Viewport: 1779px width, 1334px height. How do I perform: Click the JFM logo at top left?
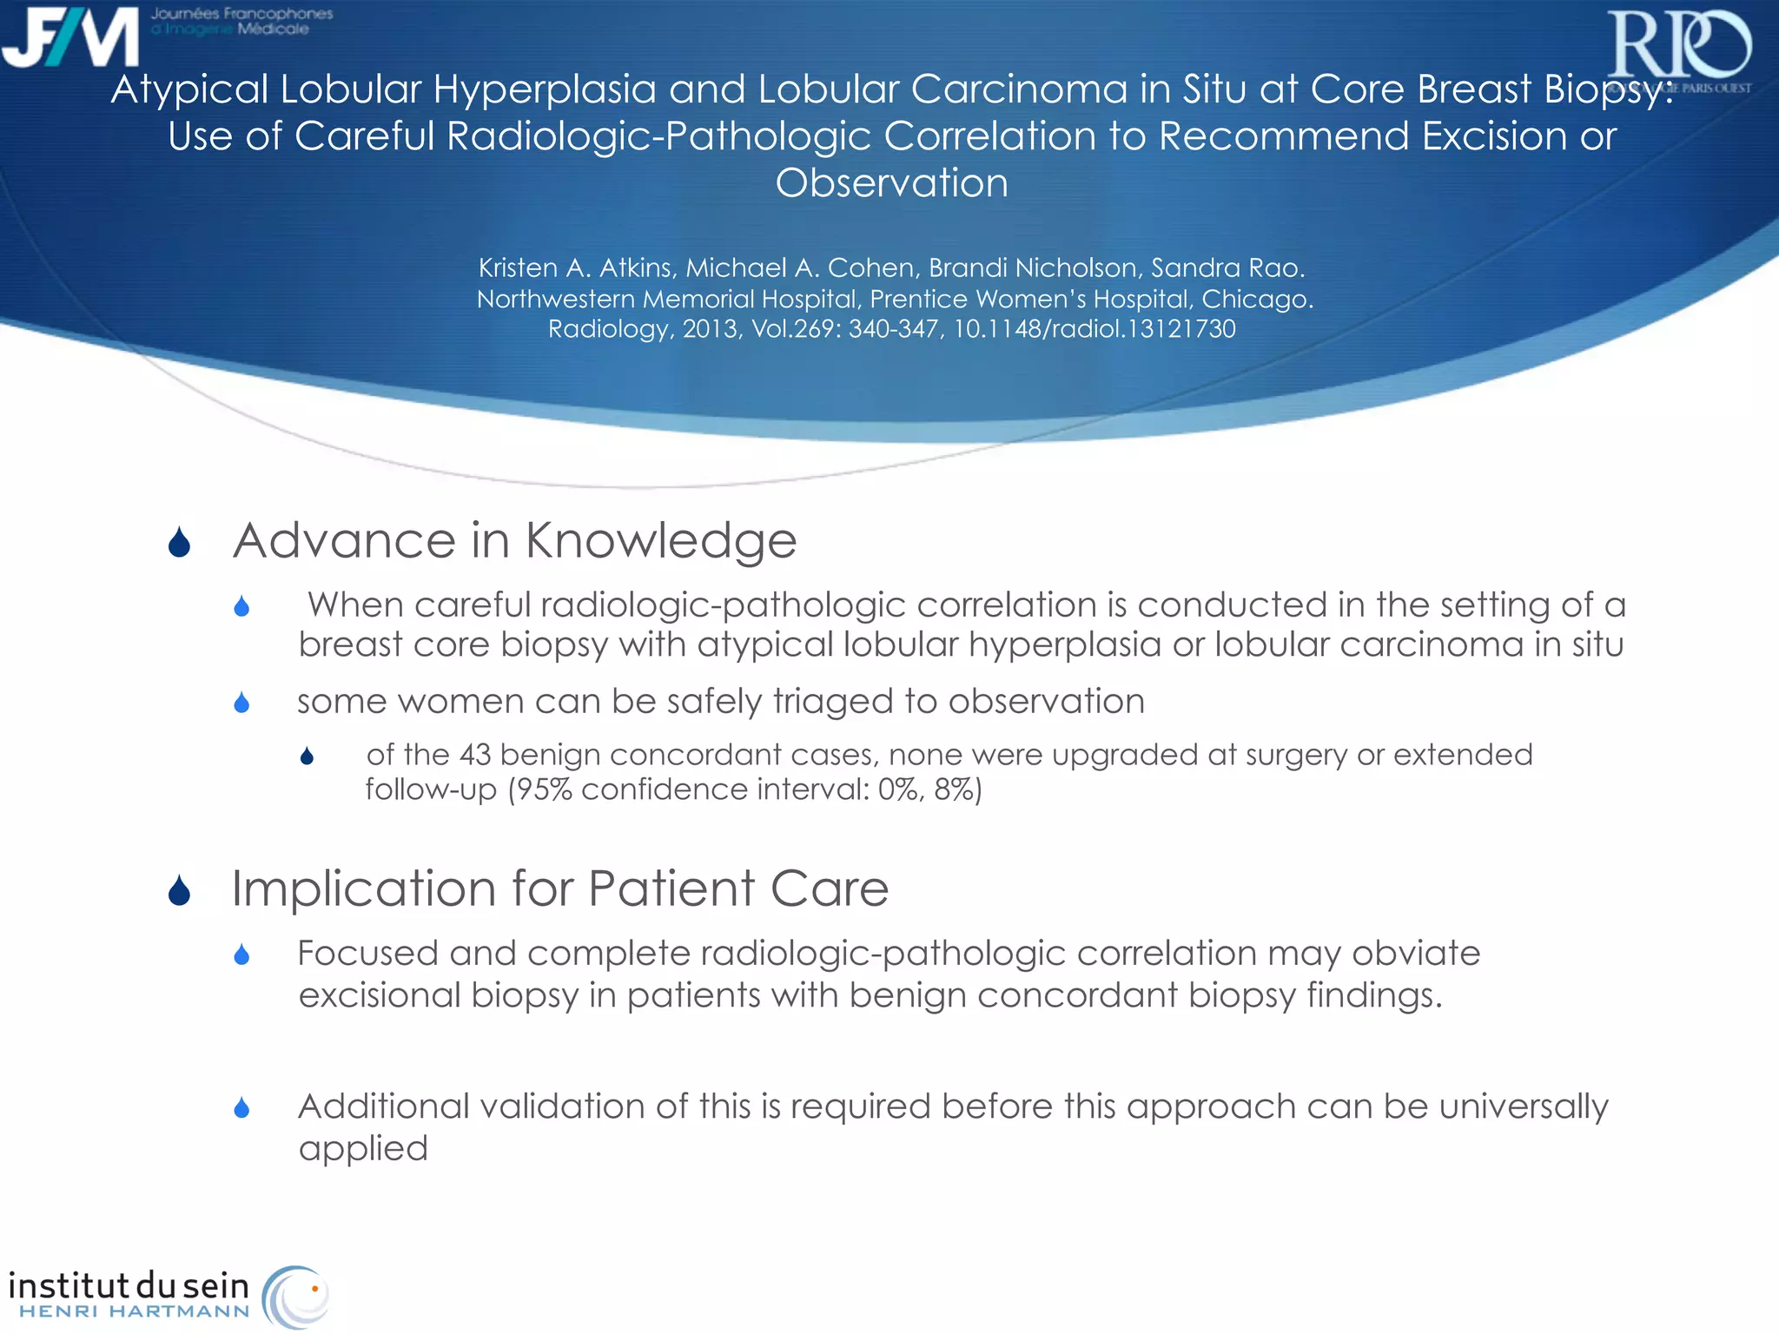(x=71, y=36)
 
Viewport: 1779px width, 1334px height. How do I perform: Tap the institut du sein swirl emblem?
(x=296, y=1296)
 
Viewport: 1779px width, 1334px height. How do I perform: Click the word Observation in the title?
(x=891, y=183)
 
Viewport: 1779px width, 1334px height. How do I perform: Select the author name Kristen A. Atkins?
(x=575, y=267)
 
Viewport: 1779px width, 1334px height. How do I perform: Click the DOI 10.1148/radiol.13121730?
(x=1095, y=329)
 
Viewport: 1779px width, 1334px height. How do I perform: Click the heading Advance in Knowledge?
(x=514, y=540)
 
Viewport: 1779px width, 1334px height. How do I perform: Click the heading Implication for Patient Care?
(x=560, y=888)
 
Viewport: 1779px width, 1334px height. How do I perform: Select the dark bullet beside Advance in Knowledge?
(x=180, y=543)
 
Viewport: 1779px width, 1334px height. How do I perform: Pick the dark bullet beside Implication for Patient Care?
(x=180, y=890)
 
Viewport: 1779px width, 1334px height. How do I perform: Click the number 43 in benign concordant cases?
(x=474, y=755)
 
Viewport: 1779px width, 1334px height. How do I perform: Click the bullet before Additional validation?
(x=242, y=1107)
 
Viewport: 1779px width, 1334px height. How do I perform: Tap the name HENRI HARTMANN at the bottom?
(x=134, y=1311)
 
